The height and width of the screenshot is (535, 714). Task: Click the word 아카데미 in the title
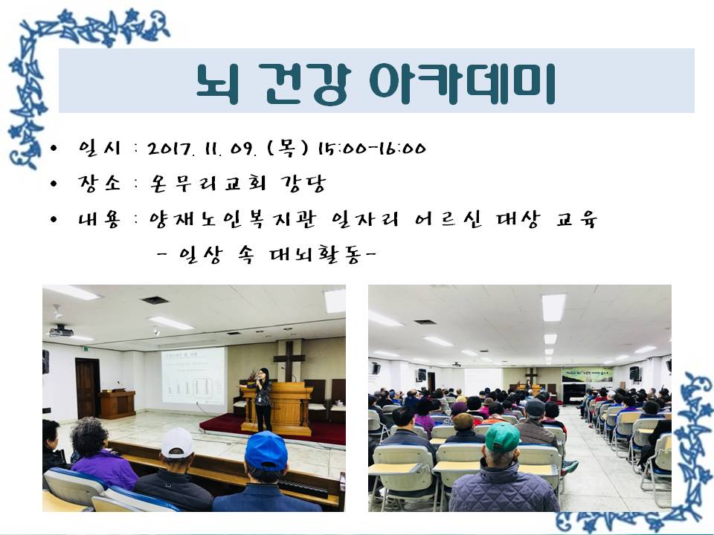(462, 83)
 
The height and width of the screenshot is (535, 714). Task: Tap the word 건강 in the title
(307, 83)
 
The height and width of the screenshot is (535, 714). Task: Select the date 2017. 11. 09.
(202, 149)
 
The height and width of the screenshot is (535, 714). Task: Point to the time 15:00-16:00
(372, 149)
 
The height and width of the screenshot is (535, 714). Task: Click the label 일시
(99, 149)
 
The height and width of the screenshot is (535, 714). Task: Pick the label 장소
(99, 184)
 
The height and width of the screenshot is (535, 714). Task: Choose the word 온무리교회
(201, 184)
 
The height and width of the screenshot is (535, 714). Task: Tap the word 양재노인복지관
(232, 220)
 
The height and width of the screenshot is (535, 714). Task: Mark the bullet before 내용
(54, 220)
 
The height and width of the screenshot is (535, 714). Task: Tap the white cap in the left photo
(178, 443)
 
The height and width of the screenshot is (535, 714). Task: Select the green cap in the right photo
(502, 437)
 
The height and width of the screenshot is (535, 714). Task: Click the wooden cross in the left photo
(289, 361)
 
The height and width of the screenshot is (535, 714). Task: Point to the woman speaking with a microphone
(263, 399)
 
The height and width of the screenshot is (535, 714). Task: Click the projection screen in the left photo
(193, 376)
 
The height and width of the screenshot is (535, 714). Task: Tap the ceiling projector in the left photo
(61, 331)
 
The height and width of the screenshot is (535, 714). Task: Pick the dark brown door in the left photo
(88, 388)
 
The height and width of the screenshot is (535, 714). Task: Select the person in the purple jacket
(102, 455)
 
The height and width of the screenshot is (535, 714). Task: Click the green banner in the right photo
(587, 374)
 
